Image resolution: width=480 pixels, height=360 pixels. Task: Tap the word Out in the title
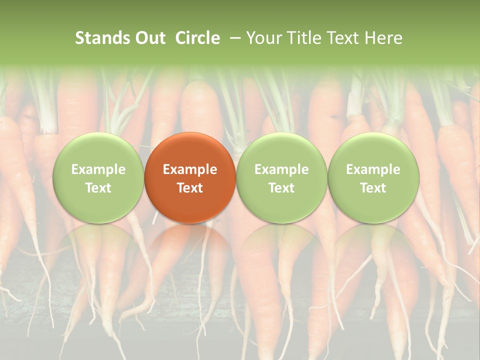tap(149, 38)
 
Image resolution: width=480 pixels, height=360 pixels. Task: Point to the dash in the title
tap(233, 38)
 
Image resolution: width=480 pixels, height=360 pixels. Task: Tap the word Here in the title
tap(384, 38)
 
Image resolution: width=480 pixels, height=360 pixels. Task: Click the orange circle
tap(190, 178)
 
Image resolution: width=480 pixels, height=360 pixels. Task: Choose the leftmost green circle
tap(98, 178)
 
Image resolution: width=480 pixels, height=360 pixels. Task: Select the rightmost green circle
tap(373, 178)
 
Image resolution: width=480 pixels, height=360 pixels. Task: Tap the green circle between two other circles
tap(281, 178)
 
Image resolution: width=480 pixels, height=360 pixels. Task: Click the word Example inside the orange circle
tap(190, 169)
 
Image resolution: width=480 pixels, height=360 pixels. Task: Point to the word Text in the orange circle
tap(190, 188)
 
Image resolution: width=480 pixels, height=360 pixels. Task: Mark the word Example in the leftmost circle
tap(98, 169)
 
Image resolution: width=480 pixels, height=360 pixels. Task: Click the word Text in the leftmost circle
tap(98, 188)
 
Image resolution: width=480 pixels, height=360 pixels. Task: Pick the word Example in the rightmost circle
tap(373, 169)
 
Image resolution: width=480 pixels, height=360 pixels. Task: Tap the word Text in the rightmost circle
tap(373, 188)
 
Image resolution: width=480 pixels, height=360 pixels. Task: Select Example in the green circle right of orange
tap(281, 169)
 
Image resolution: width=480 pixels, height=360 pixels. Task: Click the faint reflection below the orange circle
tap(190, 245)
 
